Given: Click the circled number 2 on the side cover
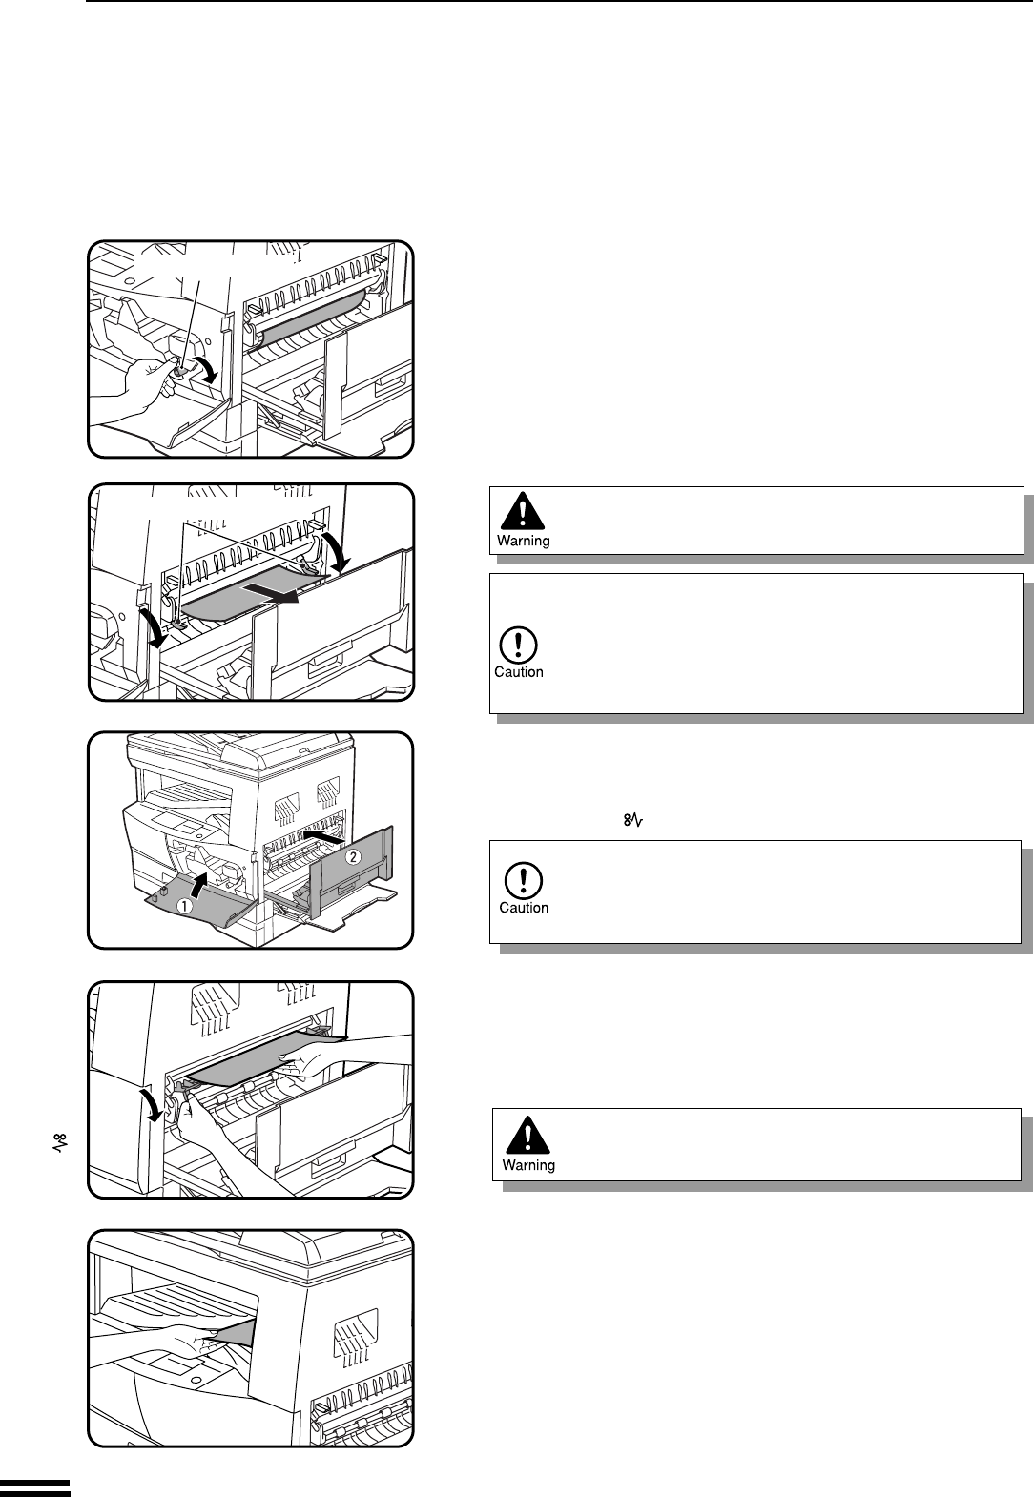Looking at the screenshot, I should (352, 856).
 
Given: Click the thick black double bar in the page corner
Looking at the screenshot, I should (35, 1488).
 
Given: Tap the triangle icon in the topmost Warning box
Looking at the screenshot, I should (522, 512).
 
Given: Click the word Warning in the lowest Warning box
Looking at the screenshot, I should (528, 1165).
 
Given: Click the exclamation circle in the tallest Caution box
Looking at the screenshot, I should (518, 646).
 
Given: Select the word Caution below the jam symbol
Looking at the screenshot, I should (524, 908).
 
